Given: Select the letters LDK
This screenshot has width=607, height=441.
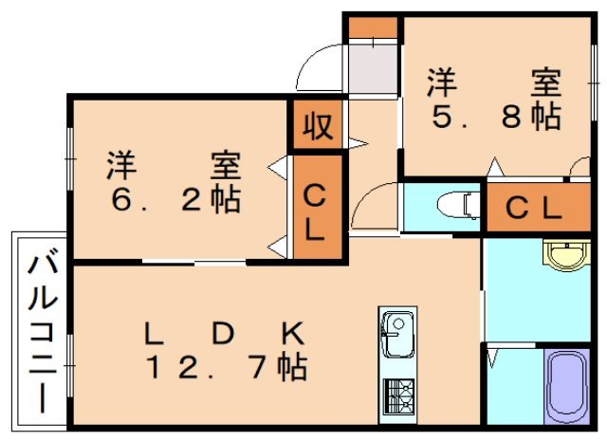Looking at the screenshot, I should click(225, 333).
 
